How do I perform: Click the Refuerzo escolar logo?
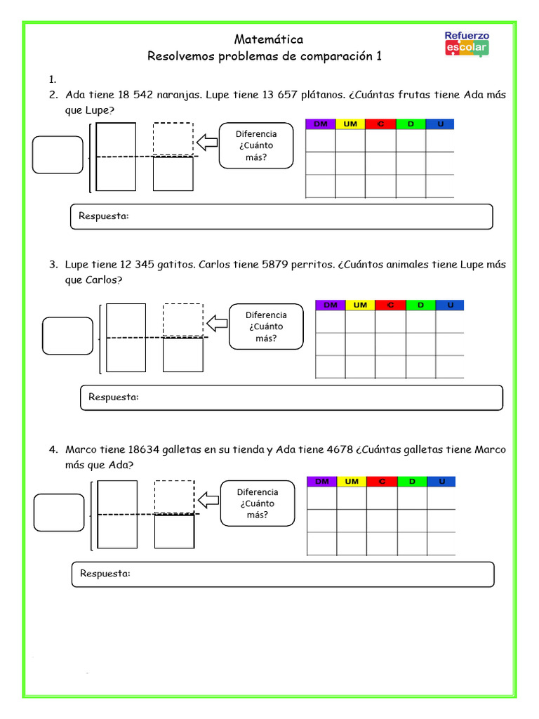tap(467, 44)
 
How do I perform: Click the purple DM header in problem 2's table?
tap(320, 124)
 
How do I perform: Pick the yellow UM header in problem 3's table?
tap(360, 305)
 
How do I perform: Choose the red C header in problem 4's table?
tap(382, 481)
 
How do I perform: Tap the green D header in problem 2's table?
tap(411, 124)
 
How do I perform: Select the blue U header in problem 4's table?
tap(441, 481)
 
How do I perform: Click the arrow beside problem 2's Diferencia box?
tap(207, 143)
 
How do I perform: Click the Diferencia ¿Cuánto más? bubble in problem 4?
tap(257, 503)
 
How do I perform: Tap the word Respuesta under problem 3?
tap(114, 397)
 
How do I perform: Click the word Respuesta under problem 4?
tap(105, 574)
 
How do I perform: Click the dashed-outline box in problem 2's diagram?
tap(173, 138)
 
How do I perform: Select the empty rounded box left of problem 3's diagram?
tap(67, 336)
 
